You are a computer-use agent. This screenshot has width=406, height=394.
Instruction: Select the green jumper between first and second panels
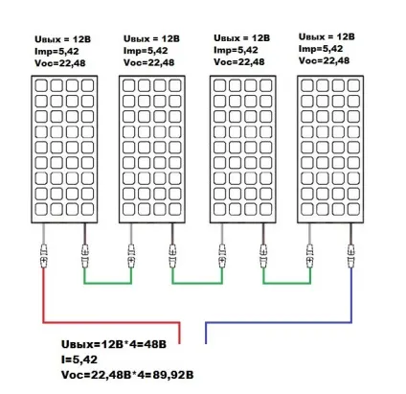click(x=107, y=283)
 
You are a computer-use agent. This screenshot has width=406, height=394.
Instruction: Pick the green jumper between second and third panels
click(x=197, y=283)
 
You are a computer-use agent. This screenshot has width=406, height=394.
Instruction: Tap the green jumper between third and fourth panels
click(x=286, y=283)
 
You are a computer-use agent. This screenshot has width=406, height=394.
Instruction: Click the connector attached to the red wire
click(x=44, y=256)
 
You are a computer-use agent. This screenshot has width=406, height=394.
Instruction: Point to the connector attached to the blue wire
click(x=351, y=256)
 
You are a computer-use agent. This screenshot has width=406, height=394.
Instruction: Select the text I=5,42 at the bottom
click(x=79, y=359)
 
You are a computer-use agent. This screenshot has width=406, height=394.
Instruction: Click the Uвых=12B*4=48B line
click(x=114, y=344)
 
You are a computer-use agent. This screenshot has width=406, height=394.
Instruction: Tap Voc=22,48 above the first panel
click(x=60, y=63)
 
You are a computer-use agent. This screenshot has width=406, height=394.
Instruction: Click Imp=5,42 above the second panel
click(x=146, y=51)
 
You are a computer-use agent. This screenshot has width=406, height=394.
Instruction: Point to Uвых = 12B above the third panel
click(x=241, y=38)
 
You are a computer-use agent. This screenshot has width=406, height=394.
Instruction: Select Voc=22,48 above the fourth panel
click(x=324, y=60)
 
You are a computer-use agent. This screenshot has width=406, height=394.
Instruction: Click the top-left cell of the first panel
click(x=41, y=85)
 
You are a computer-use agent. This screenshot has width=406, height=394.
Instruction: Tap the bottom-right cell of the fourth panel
click(x=353, y=209)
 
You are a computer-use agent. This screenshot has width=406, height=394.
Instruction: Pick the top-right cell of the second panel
click(x=175, y=85)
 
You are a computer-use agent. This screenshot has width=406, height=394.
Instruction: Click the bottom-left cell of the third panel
click(x=219, y=209)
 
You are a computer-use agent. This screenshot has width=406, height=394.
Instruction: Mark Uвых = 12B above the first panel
click(x=62, y=39)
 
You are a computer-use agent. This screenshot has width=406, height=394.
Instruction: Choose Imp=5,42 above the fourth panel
click(x=321, y=49)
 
